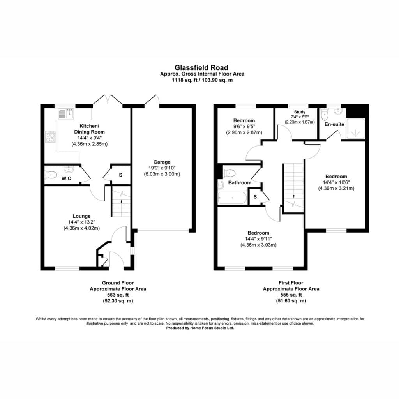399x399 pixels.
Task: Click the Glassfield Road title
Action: pos(201,67)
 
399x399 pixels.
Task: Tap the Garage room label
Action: pos(162,162)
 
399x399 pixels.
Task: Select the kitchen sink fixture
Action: pos(66,114)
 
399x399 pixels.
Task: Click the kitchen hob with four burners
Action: pos(50,138)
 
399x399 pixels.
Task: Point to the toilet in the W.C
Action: pos(51,175)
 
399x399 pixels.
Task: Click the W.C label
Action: pos(66,178)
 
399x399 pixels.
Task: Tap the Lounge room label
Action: pos(81,216)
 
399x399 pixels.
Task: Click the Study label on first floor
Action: pos(300,112)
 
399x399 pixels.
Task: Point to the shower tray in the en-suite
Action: pos(355,129)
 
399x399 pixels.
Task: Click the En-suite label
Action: pos(334,124)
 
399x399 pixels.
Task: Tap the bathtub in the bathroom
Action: pos(232,198)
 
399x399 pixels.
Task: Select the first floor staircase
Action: pos(294,187)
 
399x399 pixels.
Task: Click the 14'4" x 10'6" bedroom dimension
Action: pos(336,182)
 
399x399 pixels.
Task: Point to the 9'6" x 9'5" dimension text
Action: pos(244,127)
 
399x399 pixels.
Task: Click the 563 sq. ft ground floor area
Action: pos(118,295)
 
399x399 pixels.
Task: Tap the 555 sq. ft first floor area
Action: pos(291,295)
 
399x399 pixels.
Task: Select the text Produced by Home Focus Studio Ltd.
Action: pos(200,328)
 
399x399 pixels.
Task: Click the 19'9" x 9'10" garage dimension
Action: pos(162,168)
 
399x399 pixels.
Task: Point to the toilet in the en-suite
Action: pos(325,115)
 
